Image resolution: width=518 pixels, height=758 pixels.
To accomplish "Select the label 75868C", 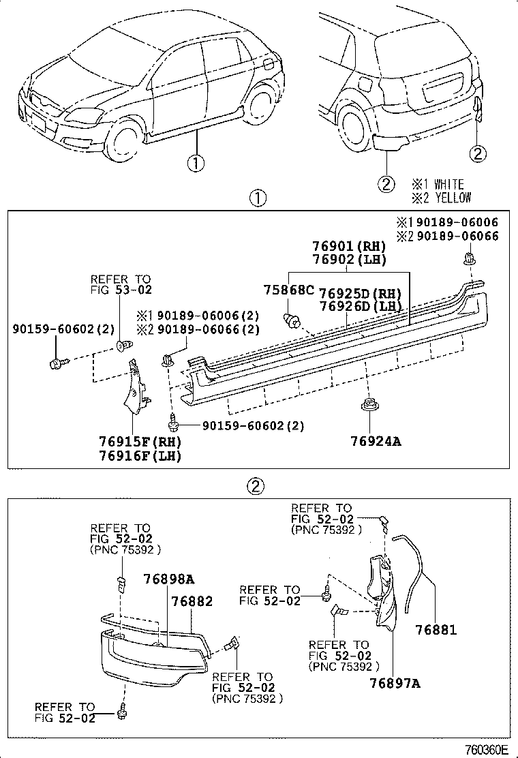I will point(288,290).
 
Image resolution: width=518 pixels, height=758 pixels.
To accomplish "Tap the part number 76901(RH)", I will point(349,246).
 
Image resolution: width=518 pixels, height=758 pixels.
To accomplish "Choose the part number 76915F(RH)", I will point(142,442).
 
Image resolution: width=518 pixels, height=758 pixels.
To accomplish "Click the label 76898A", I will point(168,579).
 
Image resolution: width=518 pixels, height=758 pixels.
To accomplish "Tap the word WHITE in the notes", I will point(447,185).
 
